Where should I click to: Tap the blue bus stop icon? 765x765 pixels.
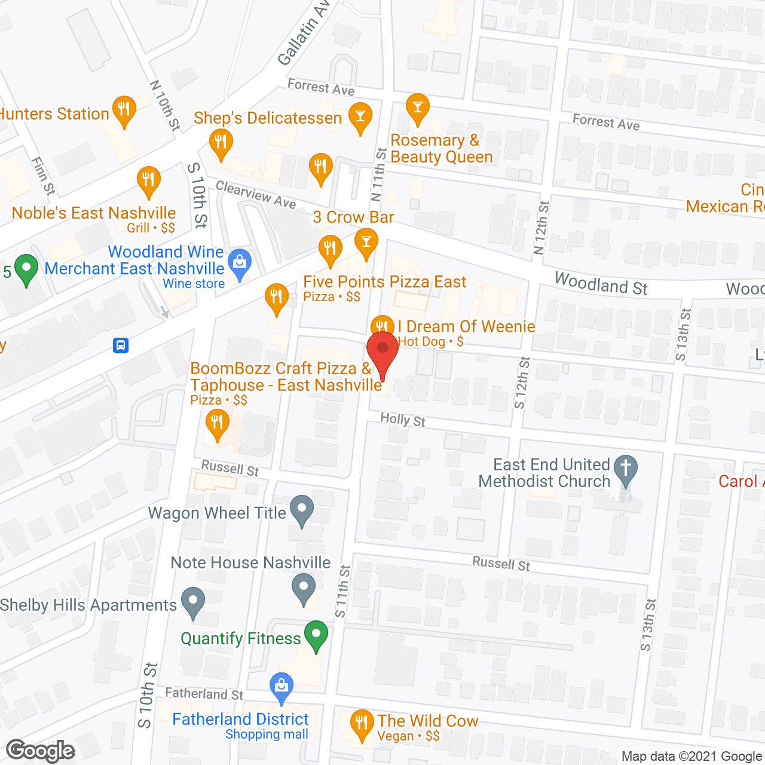(121, 345)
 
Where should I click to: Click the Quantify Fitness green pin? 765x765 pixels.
(316, 636)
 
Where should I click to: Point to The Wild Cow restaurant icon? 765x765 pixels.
(361, 724)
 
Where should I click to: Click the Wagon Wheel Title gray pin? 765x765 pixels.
(302, 511)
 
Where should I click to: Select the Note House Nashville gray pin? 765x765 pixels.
(304, 588)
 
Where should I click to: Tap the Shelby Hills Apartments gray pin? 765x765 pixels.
(192, 603)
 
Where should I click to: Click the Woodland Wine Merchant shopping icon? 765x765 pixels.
(240, 264)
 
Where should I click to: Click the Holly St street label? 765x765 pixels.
(403, 420)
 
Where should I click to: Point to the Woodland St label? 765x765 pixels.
(601, 283)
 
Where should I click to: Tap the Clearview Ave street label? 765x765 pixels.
(256, 194)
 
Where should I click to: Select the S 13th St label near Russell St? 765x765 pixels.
(648, 625)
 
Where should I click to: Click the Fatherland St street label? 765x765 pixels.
(204, 693)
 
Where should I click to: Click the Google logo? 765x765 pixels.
(40, 751)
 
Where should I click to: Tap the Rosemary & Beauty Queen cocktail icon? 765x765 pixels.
(418, 109)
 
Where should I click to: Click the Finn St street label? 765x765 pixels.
(43, 176)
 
